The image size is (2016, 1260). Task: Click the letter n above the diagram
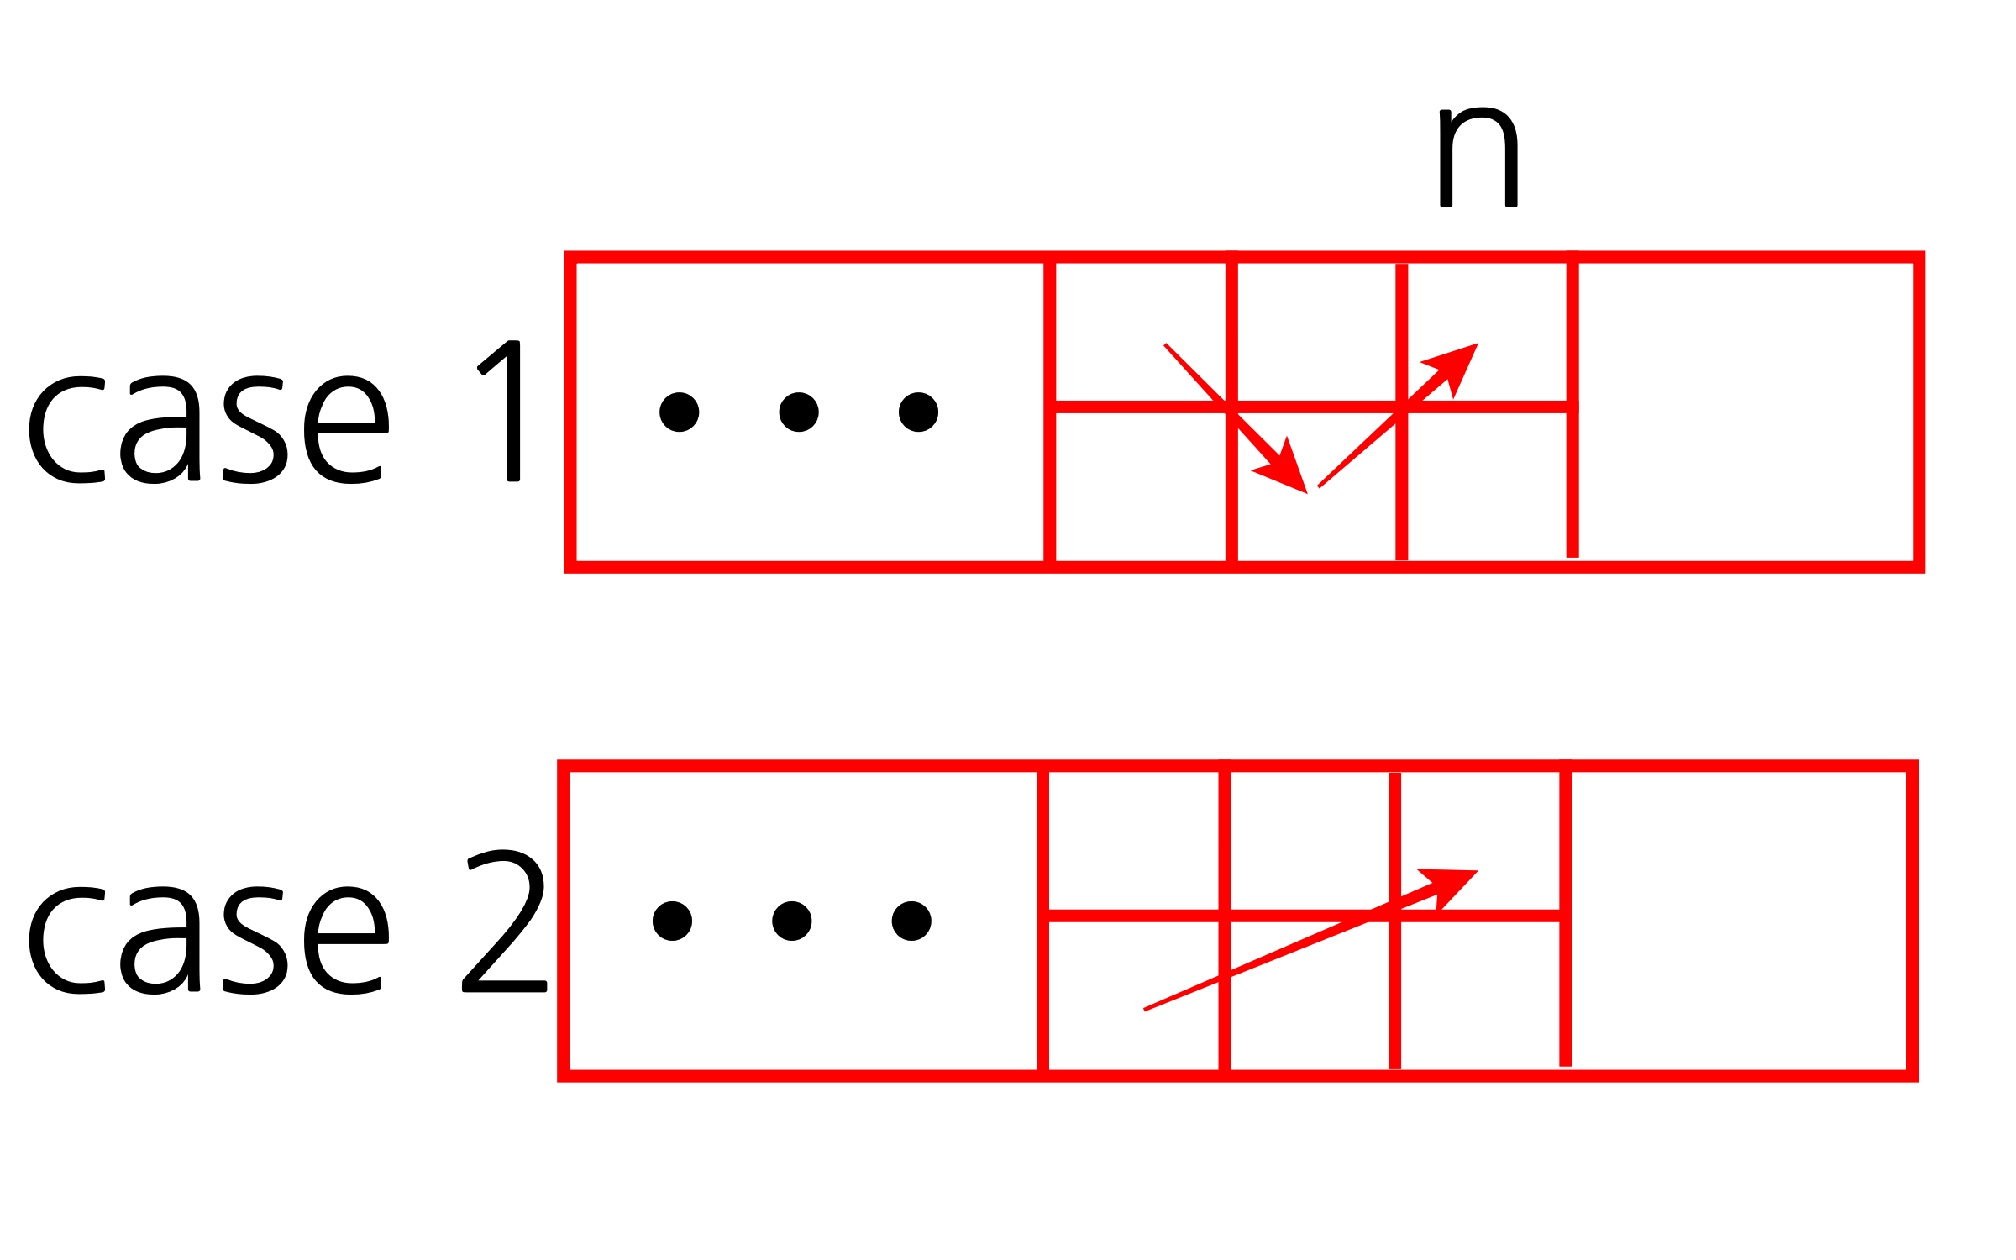(x=1478, y=158)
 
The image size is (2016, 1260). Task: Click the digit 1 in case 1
(x=502, y=411)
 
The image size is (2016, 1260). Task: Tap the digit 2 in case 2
(x=504, y=921)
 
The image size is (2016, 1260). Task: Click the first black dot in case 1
(x=680, y=412)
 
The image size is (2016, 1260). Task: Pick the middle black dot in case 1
(x=799, y=412)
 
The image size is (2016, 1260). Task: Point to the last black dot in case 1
(x=918, y=412)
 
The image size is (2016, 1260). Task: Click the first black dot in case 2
(x=672, y=921)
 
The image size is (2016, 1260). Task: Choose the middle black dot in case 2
(x=792, y=921)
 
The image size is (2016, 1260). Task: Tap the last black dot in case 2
(x=911, y=921)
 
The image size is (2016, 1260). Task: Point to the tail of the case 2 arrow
(x=1146, y=1009)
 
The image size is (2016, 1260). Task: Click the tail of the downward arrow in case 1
(x=1166, y=344)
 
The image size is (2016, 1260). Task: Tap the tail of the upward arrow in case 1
(x=1320, y=486)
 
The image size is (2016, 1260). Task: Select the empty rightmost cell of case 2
(x=1739, y=921)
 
